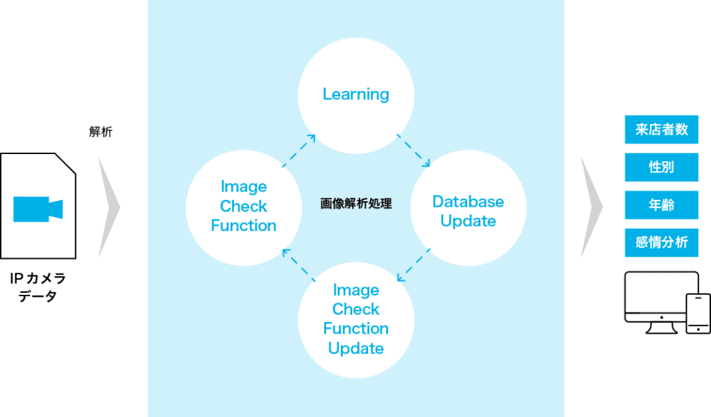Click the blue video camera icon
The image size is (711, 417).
[37, 208]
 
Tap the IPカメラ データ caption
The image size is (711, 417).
[37, 287]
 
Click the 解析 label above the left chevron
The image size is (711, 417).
[101, 132]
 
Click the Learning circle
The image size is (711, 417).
[355, 94]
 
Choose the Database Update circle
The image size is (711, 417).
[468, 211]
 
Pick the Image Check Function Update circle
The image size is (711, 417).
[355, 319]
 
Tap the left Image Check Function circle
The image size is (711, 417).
[244, 206]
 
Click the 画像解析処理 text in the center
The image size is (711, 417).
[356, 204]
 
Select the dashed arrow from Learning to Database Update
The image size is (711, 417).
[413, 151]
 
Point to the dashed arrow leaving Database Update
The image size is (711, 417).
[413, 264]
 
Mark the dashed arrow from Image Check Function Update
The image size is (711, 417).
[299, 264]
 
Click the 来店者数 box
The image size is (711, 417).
[661, 130]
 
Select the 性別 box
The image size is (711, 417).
[661, 167]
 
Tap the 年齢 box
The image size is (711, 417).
[661, 205]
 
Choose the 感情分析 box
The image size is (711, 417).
[661, 242]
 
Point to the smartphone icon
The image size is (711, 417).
[698, 313]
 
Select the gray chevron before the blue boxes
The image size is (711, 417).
[591, 207]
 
